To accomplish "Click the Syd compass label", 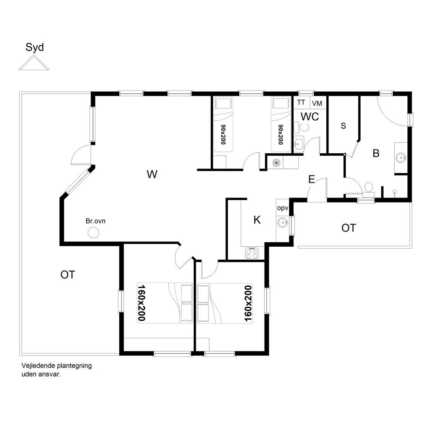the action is [34, 47].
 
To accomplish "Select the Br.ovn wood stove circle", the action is [93, 233].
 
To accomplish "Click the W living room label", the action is [152, 174].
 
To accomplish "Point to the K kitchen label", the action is [257, 220].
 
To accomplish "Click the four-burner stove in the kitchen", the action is [252, 253].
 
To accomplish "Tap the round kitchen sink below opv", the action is [282, 222].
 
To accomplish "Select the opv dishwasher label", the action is [282, 208].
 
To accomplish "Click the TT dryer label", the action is [301, 102].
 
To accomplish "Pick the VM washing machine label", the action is [317, 104].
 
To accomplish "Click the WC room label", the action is [309, 116].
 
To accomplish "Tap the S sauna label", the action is [343, 126].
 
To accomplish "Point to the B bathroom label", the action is [376, 153].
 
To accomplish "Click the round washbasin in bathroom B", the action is [401, 158].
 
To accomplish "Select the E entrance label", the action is [312, 179].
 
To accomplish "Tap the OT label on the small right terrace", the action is [349, 228].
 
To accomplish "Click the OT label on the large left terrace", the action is [68, 275].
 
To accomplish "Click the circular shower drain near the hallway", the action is [277, 162].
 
